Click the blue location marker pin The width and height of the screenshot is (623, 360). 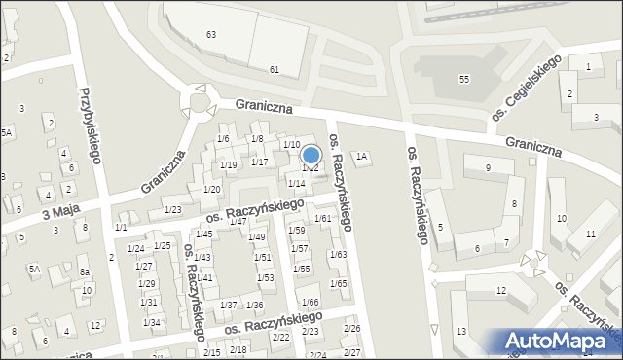311,156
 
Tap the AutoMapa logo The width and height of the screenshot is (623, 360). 562,342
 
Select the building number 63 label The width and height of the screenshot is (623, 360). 211,34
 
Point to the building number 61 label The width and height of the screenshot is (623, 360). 275,69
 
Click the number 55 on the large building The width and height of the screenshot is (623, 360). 464,79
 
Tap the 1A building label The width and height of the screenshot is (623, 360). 361,156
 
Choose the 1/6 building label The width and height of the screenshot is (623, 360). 223,139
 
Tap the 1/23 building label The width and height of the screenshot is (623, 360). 173,210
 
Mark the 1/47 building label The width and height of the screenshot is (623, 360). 237,222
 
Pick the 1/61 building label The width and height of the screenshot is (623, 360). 323,218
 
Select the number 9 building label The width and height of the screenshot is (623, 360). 487,168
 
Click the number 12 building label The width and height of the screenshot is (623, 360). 500,291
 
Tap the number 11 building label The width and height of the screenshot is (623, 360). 591,234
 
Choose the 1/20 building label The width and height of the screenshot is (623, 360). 211,189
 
